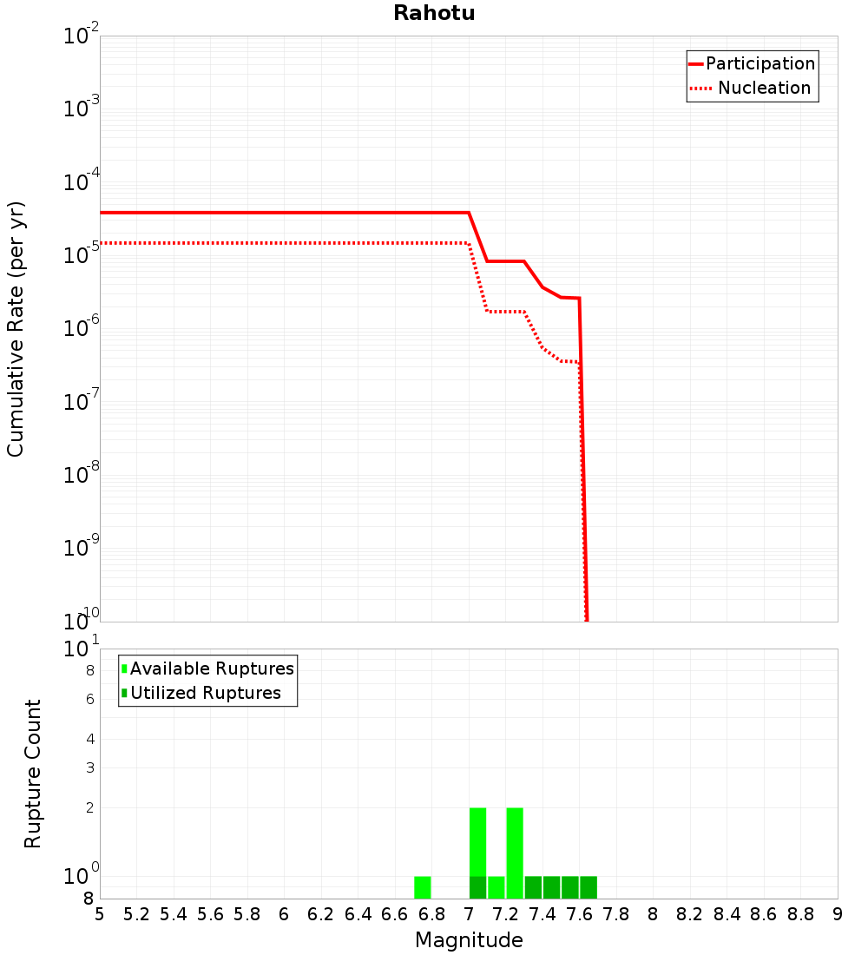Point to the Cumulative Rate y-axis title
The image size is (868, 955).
(x=16, y=329)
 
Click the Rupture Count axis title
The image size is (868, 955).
(x=33, y=774)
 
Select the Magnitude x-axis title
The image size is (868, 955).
(x=469, y=940)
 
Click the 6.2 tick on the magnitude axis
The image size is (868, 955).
(x=321, y=915)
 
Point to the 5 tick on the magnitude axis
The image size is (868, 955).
(x=100, y=915)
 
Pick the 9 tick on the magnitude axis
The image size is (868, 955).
(x=837, y=915)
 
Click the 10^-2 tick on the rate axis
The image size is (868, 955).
(x=82, y=37)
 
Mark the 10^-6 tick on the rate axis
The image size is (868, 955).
(x=82, y=329)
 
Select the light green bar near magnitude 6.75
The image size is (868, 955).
(x=423, y=887)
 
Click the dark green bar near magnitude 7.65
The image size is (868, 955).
(x=589, y=887)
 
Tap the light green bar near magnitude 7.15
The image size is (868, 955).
(x=496, y=887)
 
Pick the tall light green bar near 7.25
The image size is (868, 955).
(x=515, y=853)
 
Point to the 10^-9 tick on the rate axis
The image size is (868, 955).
(x=82, y=548)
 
